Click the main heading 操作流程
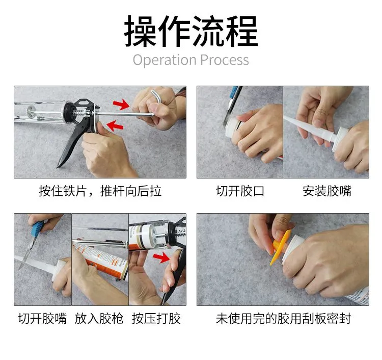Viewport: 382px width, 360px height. point(191,31)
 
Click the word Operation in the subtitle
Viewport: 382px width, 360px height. point(165,60)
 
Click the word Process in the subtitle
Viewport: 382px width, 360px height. point(225,60)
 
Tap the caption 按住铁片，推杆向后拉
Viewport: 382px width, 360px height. point(100,191)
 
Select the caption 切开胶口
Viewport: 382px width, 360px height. point(240,191)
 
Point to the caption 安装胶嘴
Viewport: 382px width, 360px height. point(327,191)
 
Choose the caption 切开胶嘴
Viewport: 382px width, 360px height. point(42,318)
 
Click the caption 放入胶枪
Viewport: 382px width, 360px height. point(99,318)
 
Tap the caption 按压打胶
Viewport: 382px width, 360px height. point(156,318)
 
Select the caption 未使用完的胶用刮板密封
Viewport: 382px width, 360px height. point(284,318)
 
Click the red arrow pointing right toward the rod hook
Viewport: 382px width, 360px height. point(121,105)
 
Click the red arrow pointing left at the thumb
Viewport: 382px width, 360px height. point(115,126)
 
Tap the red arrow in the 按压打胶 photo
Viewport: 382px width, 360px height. point(161,258)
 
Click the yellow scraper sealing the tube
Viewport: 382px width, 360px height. point(280,247)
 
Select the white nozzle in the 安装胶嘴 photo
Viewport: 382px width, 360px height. point(309,130)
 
